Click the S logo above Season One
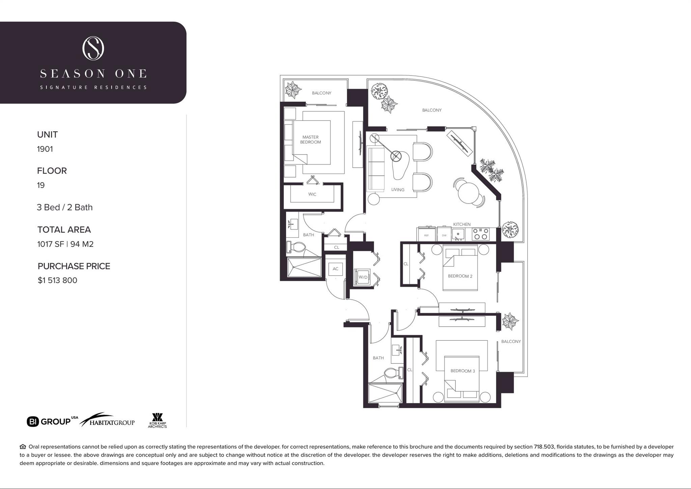93,49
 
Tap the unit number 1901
45,149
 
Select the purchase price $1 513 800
57,280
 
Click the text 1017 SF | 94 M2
65,244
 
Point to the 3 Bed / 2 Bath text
64,207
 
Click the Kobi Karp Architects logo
157,420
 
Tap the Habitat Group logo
107,420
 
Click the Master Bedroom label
310,140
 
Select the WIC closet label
312,194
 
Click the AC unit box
335,269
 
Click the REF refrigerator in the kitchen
426,234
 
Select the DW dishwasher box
444,234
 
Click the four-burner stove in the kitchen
480,234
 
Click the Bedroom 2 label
460,276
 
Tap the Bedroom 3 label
463,371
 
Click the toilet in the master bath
296,247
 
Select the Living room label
398,190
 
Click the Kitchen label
462,224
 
